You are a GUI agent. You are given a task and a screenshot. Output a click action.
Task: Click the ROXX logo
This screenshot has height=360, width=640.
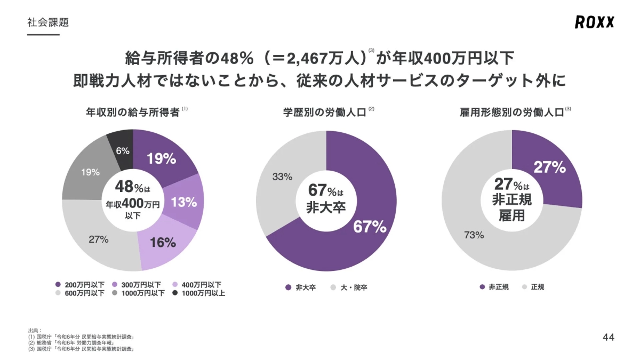tap(594, 22)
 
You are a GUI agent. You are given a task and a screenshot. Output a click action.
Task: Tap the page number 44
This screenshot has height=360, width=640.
tap(608, 337)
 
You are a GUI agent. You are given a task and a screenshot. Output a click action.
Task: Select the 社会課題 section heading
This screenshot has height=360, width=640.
tap(47, 22)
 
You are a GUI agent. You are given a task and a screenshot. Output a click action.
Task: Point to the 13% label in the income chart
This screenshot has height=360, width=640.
tap(184, 202)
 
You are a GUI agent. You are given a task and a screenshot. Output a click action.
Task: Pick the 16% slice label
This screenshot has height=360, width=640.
tap(163, 243)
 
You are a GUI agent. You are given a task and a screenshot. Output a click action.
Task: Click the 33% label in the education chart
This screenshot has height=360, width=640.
tap(282, 177)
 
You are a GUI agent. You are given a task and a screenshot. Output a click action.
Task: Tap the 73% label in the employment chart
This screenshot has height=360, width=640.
tap(474, 235)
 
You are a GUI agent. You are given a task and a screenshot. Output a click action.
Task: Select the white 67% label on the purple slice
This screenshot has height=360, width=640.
tap(369, 227)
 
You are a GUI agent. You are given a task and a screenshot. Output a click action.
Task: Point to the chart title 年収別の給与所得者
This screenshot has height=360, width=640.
tap(132, 113)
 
